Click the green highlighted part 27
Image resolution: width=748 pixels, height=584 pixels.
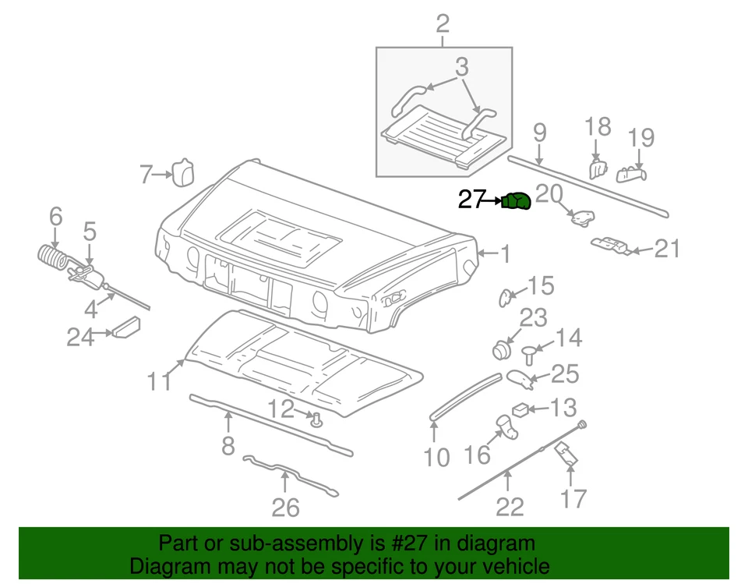coord(517,201)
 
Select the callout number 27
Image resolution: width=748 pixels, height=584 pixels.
coord(471,201)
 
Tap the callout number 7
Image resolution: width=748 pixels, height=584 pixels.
coord(146,175)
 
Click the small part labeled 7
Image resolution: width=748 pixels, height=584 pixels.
coord(182,172)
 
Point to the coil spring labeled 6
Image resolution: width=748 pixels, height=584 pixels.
coord(52,258)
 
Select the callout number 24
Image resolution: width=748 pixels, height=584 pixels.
coord(79,337)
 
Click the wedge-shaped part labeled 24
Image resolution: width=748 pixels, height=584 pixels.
coord(126,327)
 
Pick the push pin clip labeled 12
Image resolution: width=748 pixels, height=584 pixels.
coord(316,422)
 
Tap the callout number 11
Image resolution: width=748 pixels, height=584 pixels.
coord(159,382)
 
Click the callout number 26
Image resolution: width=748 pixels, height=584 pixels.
coord(285,508)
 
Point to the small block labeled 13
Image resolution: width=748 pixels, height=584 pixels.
coord(520,409)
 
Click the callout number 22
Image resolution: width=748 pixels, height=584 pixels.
coord(510,507)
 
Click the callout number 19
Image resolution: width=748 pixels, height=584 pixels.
coord(641,138)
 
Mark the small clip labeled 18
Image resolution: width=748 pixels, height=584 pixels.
coord(597,168)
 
